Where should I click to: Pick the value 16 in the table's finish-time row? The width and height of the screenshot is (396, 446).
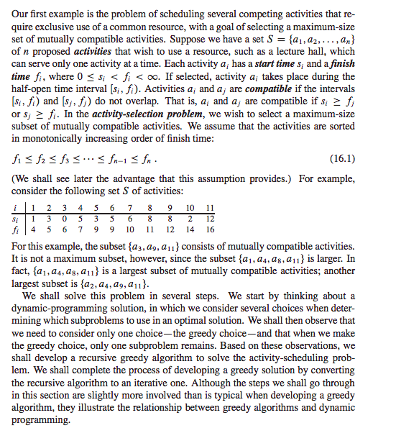tap(209, 229)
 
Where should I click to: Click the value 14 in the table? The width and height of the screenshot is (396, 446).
tap(189, 229)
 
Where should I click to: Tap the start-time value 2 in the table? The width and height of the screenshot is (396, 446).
tap(189, 219)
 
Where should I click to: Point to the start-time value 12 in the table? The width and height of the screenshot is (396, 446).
tap(209, 219)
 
